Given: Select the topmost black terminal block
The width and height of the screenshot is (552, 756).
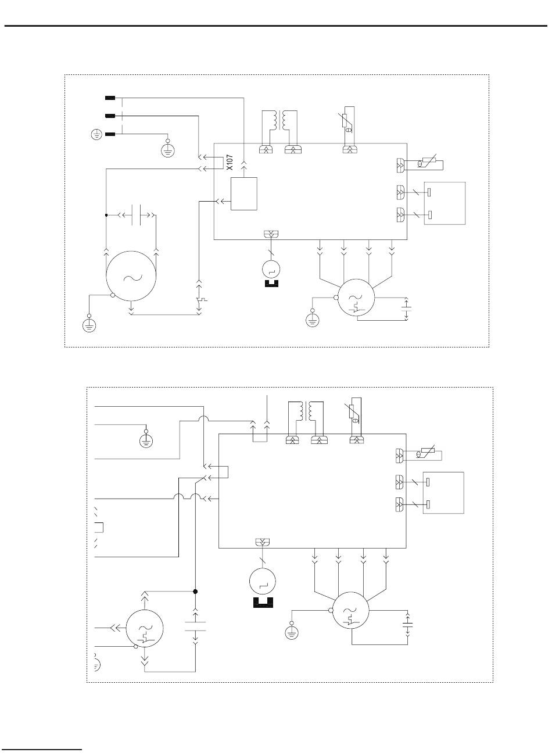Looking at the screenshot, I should click(110, 97).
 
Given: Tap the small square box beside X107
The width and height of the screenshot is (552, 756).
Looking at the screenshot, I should click(243, 194).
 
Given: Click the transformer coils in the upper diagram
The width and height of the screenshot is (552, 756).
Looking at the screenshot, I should click(279, 120).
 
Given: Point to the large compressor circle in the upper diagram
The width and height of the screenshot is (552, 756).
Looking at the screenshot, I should click(131, 277).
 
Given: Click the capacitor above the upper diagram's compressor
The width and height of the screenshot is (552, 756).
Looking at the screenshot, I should click(138, 215).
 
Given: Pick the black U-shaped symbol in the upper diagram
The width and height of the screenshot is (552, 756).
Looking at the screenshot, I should click(271, 284).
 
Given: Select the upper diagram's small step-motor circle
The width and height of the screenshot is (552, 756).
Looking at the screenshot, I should click(271, 268).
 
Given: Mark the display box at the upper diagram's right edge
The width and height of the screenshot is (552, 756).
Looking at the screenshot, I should click(446, 203).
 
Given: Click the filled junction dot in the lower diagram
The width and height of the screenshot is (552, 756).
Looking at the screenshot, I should click(195, 592).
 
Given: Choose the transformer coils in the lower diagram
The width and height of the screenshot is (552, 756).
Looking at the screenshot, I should click(304, 411).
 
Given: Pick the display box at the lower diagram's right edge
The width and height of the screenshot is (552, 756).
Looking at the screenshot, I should click(444, 493).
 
